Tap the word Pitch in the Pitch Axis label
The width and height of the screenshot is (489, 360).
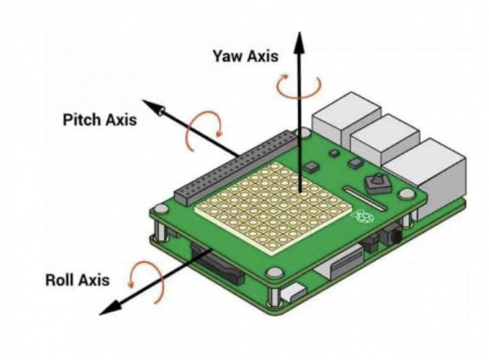(x=80, y=120)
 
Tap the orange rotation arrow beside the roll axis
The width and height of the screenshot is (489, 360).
(x=141, y=280)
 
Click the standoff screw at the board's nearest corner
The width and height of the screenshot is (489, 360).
(x=274, y=273)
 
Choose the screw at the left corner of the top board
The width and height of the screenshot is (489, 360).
(x=158, y=212)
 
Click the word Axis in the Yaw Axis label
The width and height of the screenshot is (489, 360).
(x=262, y=56)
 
